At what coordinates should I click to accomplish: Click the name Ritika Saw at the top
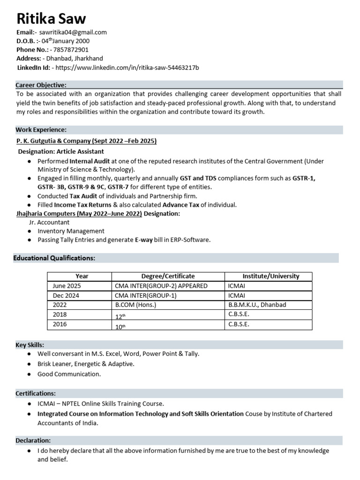[51, 19]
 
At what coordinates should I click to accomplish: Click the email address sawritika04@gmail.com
[73, 32]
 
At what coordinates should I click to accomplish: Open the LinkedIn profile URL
[127, 67]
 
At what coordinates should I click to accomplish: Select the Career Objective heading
[41, 85]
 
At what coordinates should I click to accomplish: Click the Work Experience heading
[41, 129]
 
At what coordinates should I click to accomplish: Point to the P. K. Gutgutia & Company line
[86, 141]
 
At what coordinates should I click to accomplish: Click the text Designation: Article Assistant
[61, 151]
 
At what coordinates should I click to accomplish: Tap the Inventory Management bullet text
[71, 231]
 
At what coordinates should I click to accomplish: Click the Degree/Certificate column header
[168, 276]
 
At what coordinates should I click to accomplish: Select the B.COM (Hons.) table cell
[135, 305]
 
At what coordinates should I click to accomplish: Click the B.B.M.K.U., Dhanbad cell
[257, 305]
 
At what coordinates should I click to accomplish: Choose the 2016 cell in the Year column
[60, 324]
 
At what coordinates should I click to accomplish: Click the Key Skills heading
[30, 345]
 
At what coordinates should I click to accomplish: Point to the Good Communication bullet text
[69, 374]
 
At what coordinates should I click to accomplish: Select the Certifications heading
[36, 393]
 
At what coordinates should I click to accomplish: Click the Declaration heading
[33, 441]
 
